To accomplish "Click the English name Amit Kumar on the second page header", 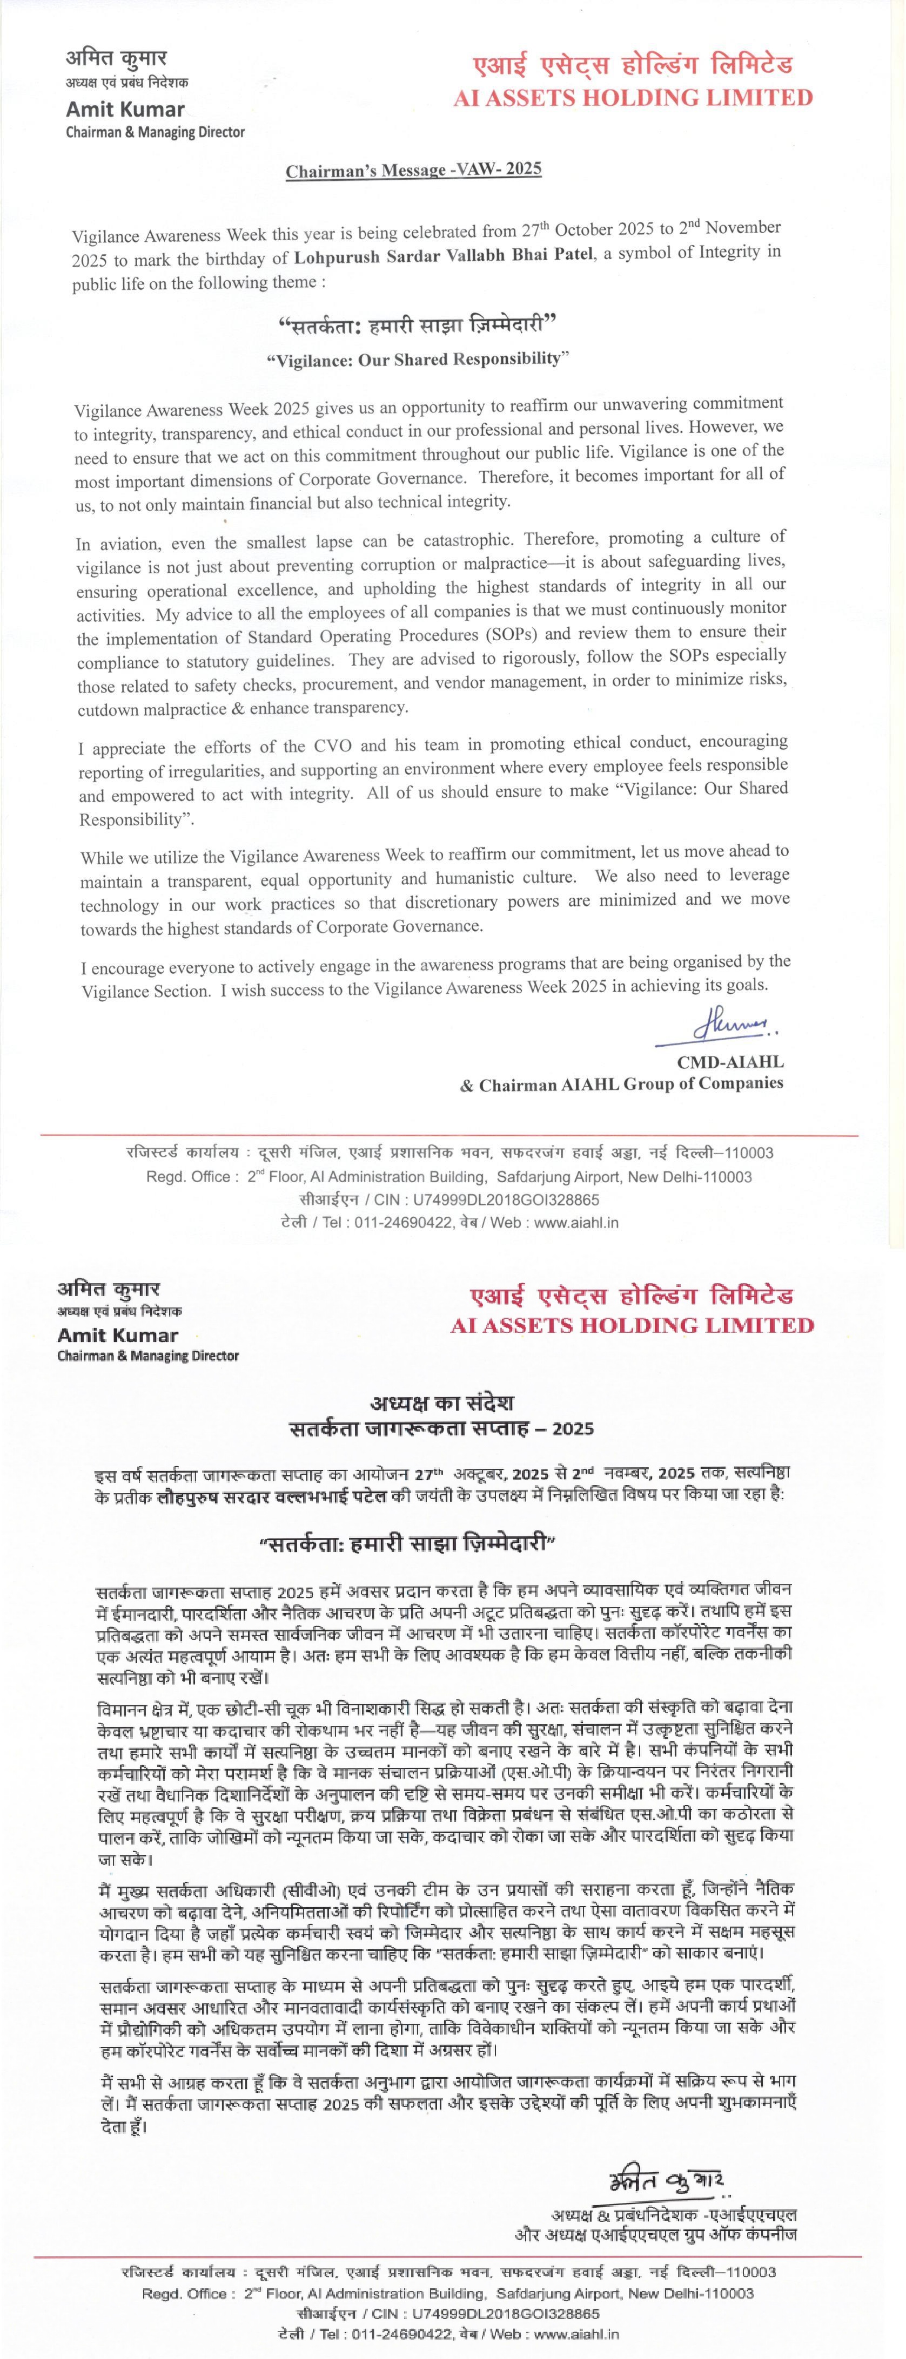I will pos(117,1335).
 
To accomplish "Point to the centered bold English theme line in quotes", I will pos(417,359).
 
